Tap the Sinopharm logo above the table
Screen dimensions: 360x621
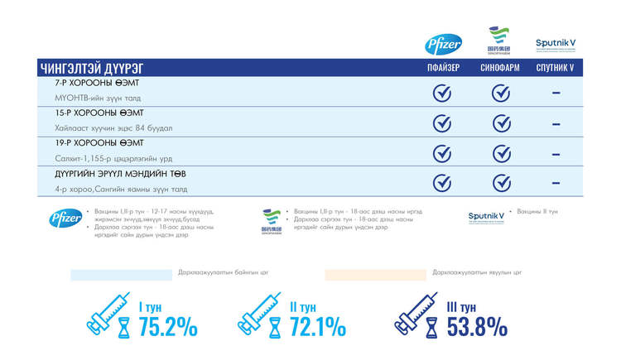tap(500, 42)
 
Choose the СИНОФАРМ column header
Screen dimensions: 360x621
tap(500, 68)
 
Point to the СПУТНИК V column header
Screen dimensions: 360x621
tap(555, 68)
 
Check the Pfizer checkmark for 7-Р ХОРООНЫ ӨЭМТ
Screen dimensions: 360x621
tap(442, 93)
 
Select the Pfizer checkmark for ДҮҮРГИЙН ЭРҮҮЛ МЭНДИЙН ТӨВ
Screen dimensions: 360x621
tap(442, 183)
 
